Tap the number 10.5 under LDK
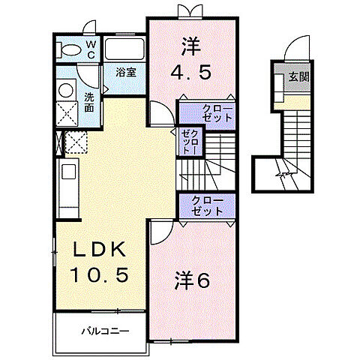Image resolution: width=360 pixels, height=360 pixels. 105,275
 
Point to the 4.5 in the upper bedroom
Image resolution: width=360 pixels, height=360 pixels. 191,73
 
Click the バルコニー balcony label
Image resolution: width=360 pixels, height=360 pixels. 105,330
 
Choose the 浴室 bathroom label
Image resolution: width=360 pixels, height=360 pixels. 125,73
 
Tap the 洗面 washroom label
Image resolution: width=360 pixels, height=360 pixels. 88,101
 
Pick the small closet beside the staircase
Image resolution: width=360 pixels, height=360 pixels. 188,142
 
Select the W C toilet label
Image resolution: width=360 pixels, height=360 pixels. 90,49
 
